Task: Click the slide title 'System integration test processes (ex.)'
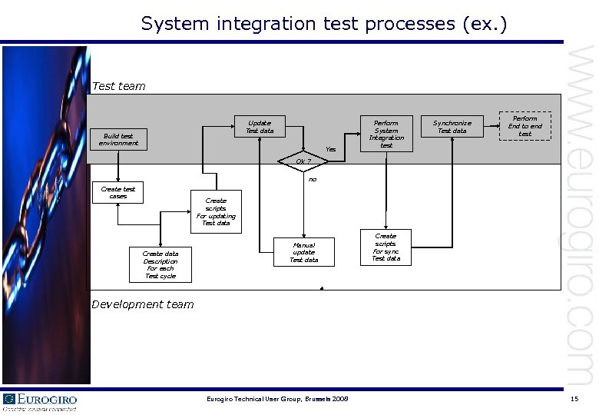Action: (323, 24)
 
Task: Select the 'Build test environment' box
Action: (118, 139)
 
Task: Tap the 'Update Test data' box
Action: (260, 127)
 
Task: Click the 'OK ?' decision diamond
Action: (303, 161)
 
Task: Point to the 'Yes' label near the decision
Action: (330, 148)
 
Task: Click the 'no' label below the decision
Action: (313, 179)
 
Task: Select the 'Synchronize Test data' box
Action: (452, 126)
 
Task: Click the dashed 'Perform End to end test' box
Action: (525, 126)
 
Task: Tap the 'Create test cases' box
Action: (118, 193)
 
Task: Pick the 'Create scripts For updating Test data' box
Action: (216, 211)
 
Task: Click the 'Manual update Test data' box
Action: (303, 252)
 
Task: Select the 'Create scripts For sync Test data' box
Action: (386, 247)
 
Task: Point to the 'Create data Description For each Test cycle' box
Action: (161, 264)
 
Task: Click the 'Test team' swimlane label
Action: (118, 86)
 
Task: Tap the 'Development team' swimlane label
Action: (143, 304)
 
